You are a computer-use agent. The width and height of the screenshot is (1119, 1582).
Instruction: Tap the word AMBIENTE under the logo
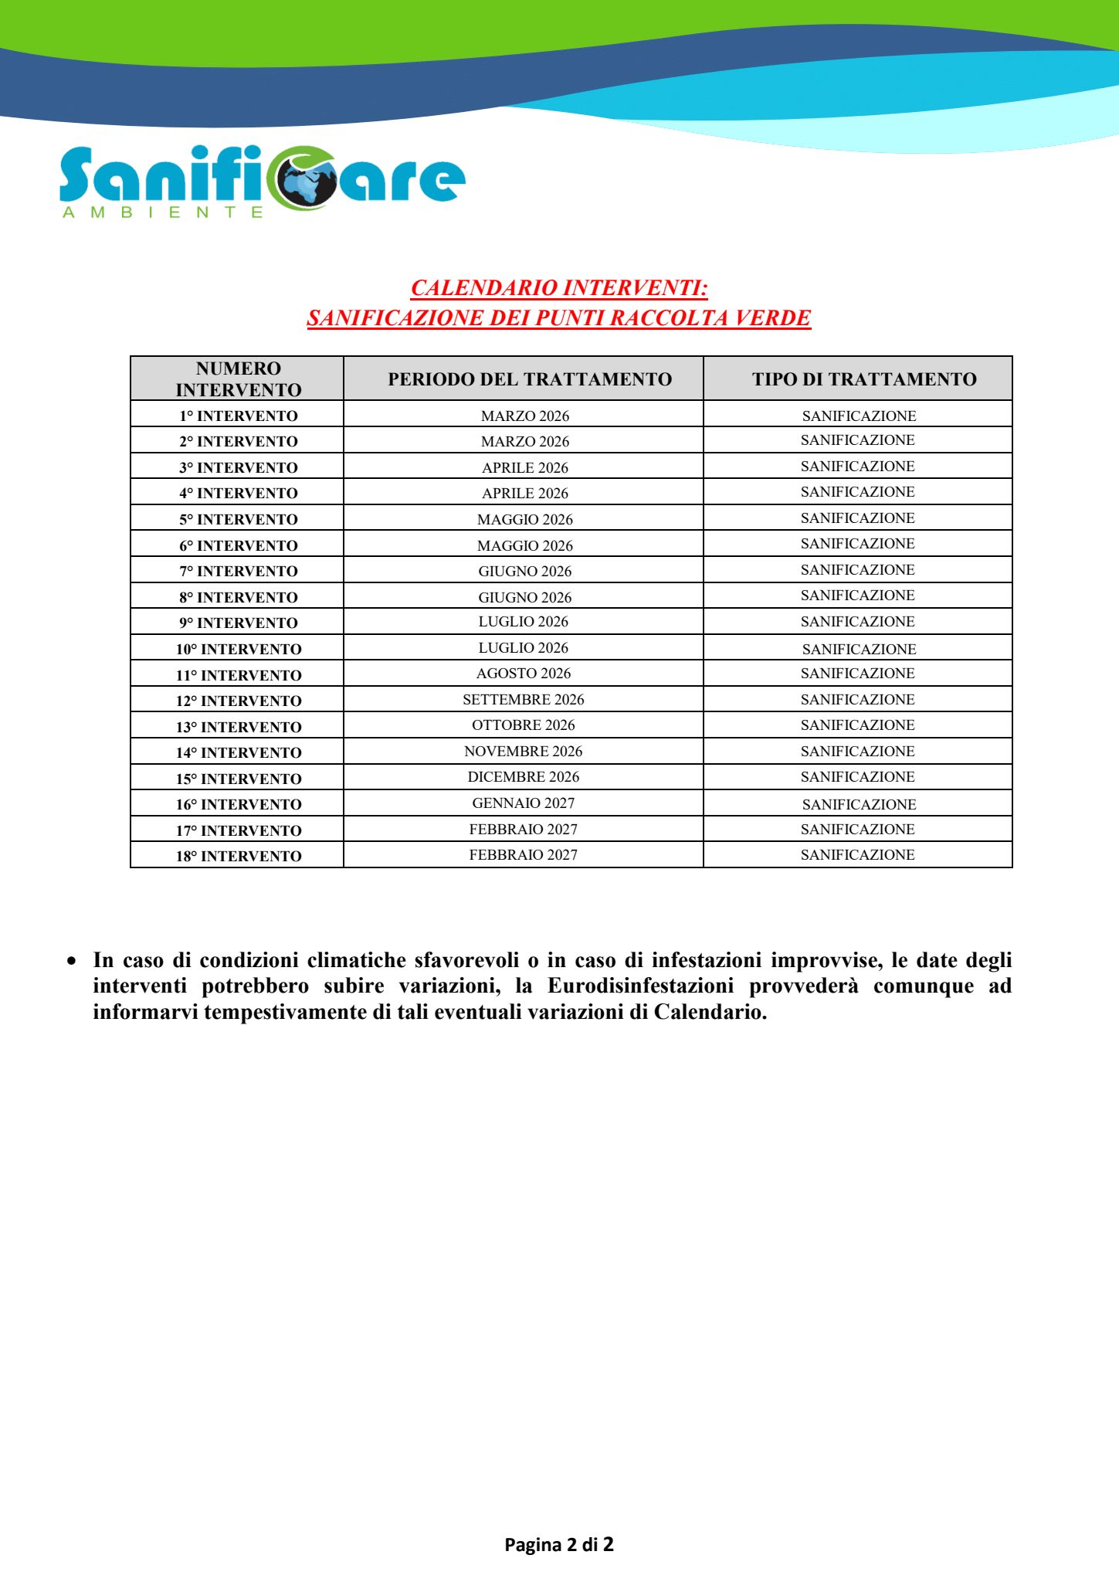163,212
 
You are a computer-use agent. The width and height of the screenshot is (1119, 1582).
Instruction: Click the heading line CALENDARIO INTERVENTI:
559,288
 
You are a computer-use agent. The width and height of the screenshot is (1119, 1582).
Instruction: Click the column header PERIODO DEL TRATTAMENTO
530,379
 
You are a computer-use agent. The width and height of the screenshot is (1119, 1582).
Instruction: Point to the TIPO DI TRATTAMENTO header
864,379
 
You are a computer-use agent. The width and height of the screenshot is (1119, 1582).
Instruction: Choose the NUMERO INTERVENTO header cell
238,379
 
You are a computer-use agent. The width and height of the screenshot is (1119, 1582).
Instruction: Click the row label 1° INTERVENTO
239,416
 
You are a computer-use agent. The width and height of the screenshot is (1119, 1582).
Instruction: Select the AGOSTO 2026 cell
524,674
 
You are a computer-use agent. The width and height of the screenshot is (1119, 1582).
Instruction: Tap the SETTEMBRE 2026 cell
524,700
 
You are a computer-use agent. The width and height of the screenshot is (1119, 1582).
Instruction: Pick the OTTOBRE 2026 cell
524,725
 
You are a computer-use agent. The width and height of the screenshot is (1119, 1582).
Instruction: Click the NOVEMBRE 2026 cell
524,752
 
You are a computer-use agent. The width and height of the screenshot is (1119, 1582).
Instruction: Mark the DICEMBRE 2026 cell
524,777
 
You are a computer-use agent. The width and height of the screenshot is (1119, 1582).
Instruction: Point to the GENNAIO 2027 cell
524,803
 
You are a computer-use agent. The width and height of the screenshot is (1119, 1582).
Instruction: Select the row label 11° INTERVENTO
239,676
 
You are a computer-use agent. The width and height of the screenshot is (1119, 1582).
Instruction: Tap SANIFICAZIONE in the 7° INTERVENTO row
857,570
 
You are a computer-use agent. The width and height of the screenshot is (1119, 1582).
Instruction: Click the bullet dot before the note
72,962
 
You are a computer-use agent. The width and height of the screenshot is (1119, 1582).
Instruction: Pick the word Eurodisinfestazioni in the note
640,986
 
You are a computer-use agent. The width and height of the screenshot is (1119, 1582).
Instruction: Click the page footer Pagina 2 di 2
559,1544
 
